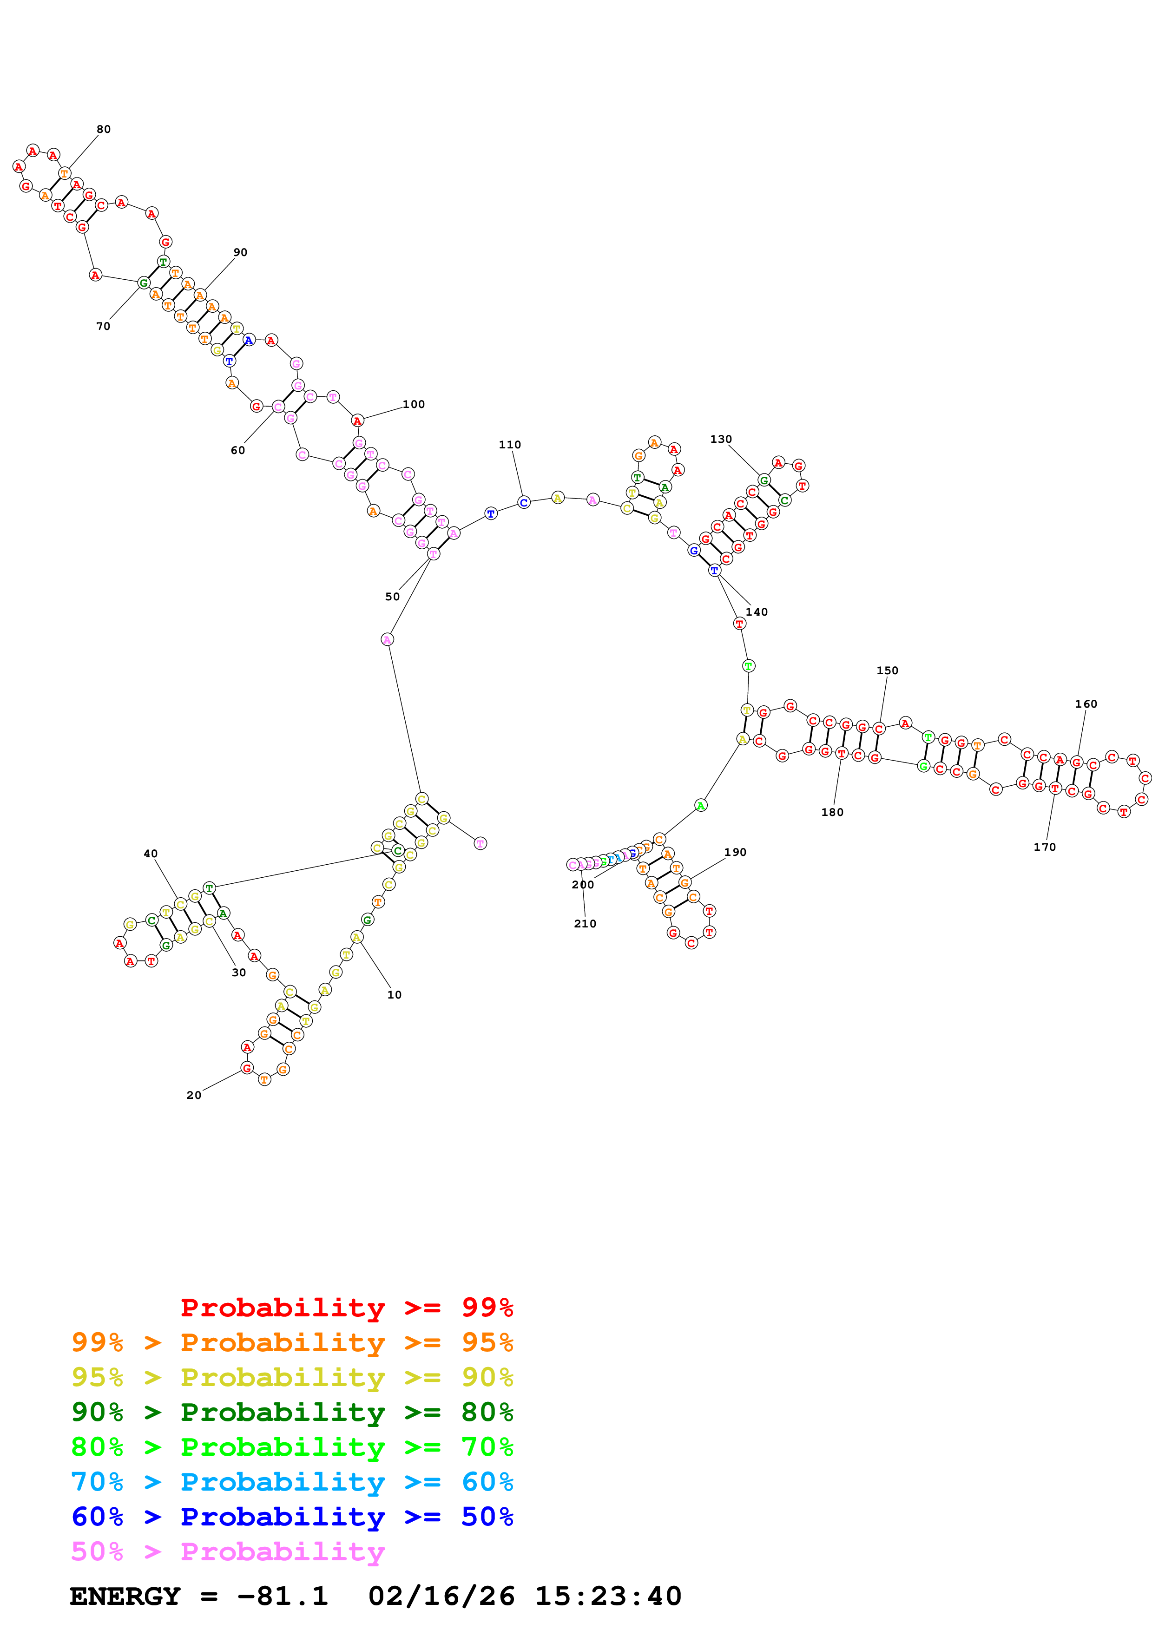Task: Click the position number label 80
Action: pos(104,129)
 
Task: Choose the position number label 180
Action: pos(833,812)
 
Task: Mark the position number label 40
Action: pos(151,854)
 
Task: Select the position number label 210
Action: pos(585,924)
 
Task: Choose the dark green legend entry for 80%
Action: pos(292,1412)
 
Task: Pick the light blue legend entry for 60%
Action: pos(292,1482)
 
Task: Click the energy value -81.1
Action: pos(283,1596)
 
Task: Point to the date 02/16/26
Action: pos(441,1596)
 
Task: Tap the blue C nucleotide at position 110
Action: pos(524,503)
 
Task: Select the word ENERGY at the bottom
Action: pos(125,1596)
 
